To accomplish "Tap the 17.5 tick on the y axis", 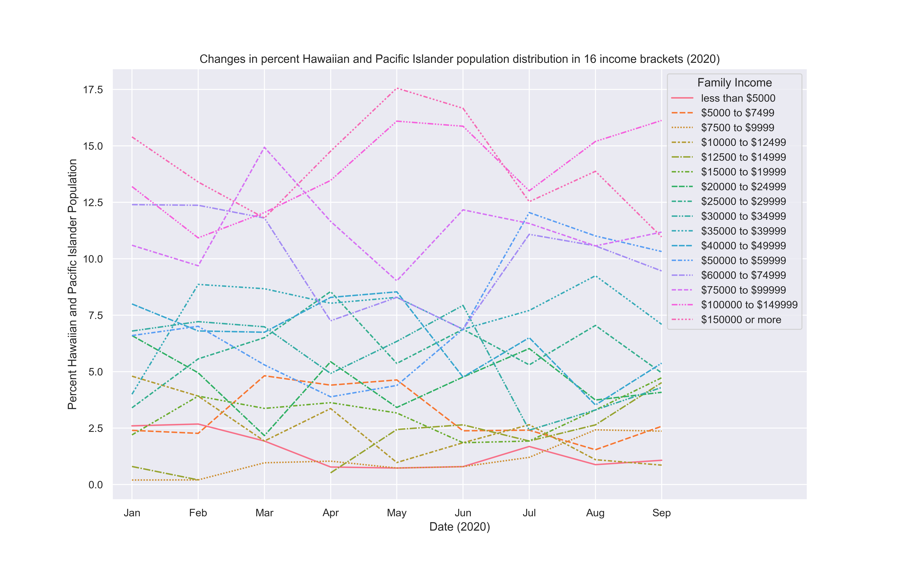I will pos(93,90).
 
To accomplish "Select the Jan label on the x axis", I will pos(132,513).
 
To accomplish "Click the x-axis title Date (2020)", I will pos(459,527).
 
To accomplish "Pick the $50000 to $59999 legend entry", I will pos(743,260).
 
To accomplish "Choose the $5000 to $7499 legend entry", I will pos(737,113).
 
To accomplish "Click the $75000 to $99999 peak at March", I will pos(264,147).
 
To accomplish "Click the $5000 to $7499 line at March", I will pos(264,376).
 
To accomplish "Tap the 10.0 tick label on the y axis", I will pos(93,259).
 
